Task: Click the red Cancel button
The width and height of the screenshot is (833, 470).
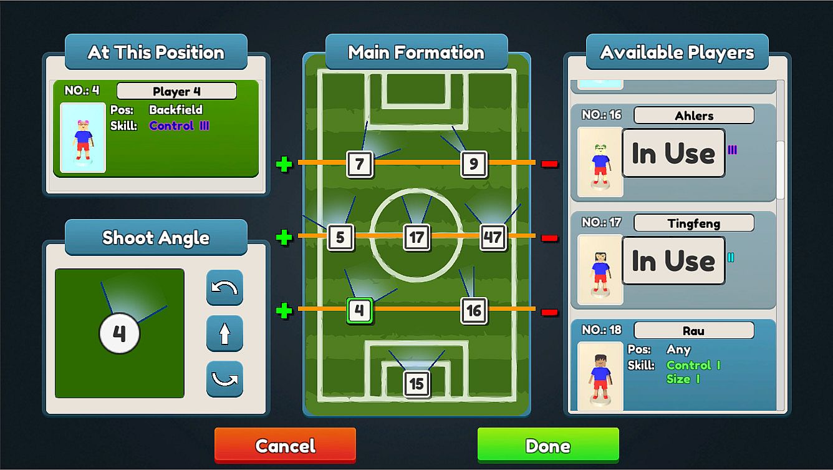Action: [x=285, y=445]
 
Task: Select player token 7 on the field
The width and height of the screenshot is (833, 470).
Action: [x=360, y=164]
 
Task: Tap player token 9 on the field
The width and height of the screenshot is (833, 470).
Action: [x=474, y=164]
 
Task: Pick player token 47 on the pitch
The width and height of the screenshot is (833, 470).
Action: [x=493, y=237]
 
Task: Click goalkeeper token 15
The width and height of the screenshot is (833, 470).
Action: [x=416, y=384]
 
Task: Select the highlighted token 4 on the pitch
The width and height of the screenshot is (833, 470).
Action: [x=359, y=311]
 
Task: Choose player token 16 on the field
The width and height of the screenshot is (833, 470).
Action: [x=474, y=311]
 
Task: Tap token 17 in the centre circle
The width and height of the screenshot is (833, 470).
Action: [x=416, y=237]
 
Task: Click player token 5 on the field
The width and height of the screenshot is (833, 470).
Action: [x=340, y=237]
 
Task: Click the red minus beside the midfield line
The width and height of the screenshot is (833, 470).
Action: [x=549, y=238]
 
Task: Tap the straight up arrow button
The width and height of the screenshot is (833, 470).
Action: [x=224, y=333]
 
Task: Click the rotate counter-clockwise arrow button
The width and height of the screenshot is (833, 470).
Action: [x=224, y=288]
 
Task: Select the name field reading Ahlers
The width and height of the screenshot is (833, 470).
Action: [x=694, y=115]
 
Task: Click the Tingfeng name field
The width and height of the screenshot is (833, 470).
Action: [x=694, y=223]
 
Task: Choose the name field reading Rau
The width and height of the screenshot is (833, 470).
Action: [x=694, y=330]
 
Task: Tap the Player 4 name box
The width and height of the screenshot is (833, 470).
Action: [x=176, y=91]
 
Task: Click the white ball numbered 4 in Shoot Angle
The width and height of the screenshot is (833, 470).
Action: [x=119, y=333]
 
